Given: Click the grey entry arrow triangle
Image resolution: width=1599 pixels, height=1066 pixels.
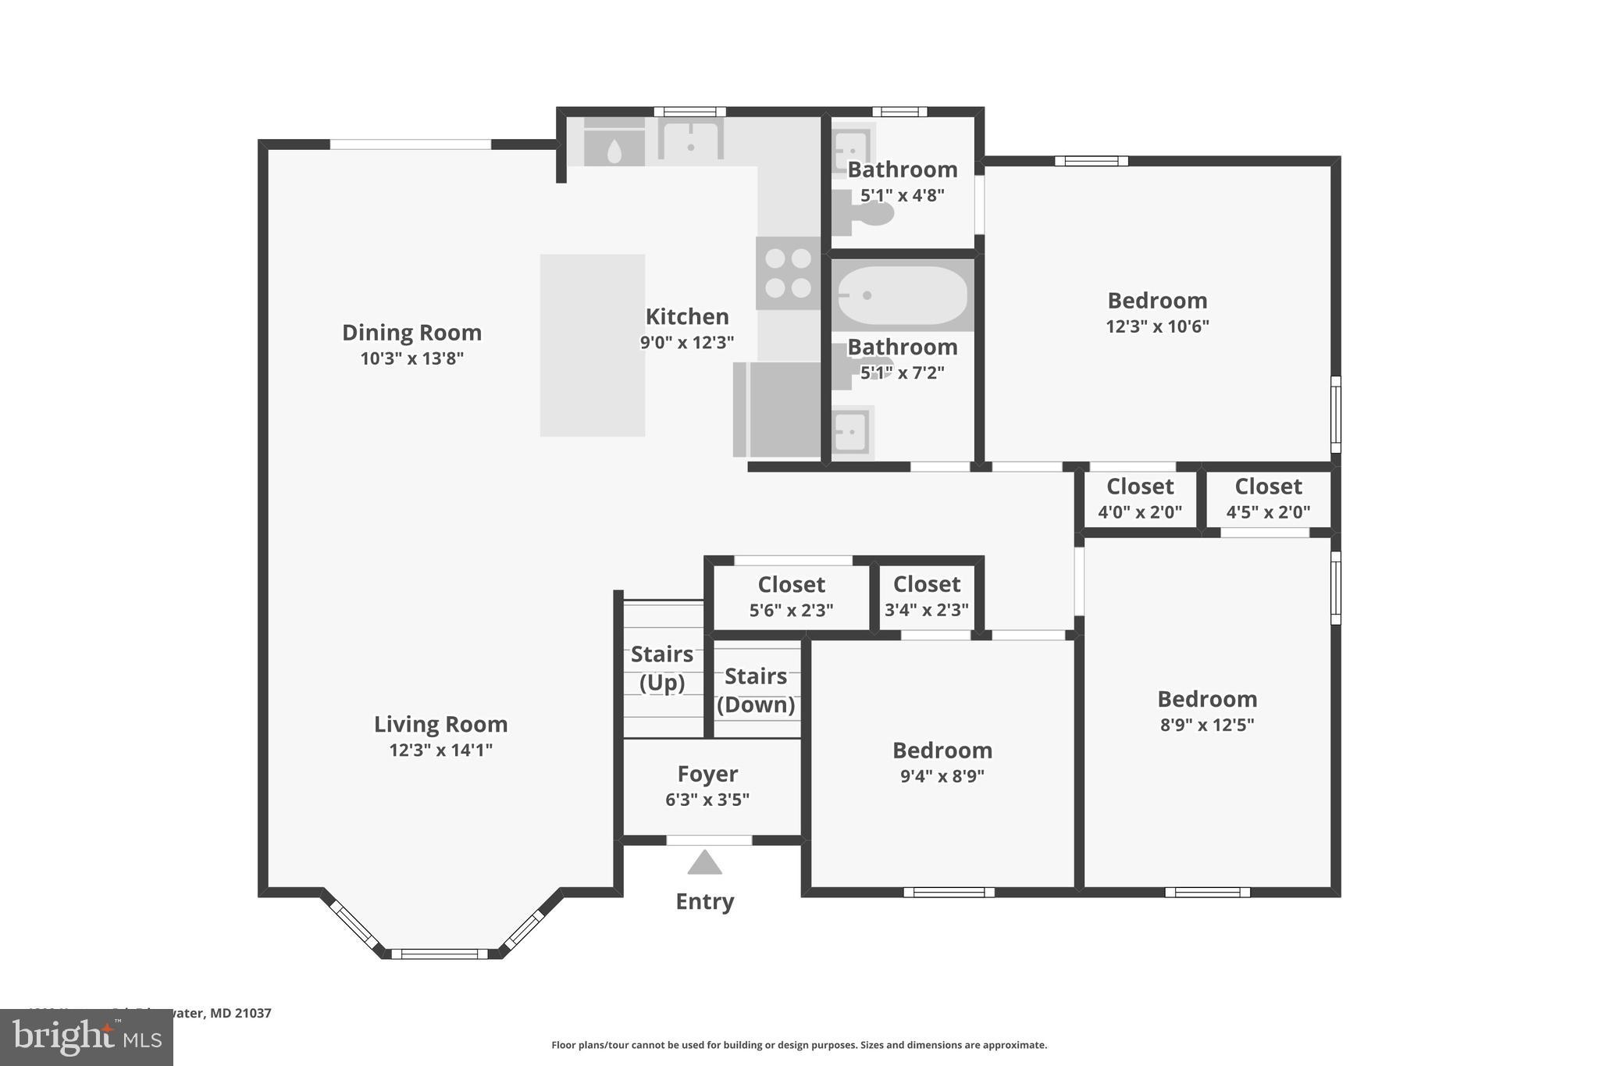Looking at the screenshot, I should click(x=704, y=863).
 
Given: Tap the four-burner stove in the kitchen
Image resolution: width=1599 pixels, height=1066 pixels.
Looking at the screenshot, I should click(x=788, y=273).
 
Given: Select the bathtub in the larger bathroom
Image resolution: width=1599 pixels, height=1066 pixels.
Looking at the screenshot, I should click(x=902, y=295).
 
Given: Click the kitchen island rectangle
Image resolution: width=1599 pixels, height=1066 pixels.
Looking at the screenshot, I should click(x=593, y=345).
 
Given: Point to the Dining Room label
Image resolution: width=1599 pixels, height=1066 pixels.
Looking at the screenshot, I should click(x=411, y=333).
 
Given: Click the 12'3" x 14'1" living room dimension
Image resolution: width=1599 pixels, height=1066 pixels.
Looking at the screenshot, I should click(x=441, y=750).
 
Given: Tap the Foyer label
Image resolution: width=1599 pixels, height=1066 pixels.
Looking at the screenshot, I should click(x=707, y=774).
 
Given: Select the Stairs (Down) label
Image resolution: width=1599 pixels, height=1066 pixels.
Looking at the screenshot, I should click(x=756, y=690).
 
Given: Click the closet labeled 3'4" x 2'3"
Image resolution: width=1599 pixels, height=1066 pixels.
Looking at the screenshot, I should click(x=927, y=597).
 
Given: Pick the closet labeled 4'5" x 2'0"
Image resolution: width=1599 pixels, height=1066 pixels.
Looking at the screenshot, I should click(x=1268, y=499).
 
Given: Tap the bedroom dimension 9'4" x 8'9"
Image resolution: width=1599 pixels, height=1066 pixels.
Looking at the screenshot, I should click(x=942, y=776).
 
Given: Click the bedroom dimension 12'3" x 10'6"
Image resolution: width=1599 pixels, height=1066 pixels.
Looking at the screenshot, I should click(x=1157, y=326).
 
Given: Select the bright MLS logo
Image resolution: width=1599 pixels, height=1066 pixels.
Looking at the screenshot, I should click(x=87, y=1037).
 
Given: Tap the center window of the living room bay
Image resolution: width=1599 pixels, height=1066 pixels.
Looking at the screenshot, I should click(x=440, y=954).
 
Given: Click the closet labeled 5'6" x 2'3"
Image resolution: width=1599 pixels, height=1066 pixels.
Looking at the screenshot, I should click(x=792, y=597).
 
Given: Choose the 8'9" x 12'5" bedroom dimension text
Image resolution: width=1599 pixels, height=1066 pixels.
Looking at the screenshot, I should click(x=1207, y=725).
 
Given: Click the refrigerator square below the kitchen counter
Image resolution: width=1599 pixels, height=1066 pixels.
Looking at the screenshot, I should click(x=778, y=409).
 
